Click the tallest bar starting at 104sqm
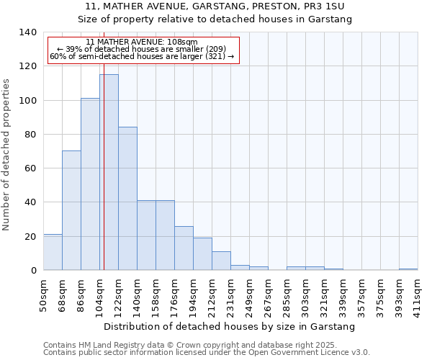pos(109,173)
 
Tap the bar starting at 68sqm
pos(71,210)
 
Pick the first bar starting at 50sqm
pos(53,252)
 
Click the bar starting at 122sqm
pos(127,199)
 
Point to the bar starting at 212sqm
pos(221,261)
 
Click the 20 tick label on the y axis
pos(30,236)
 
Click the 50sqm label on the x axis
pos(44,292)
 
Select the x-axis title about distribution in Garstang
pos(230,326)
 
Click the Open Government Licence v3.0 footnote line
pos(206,352)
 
